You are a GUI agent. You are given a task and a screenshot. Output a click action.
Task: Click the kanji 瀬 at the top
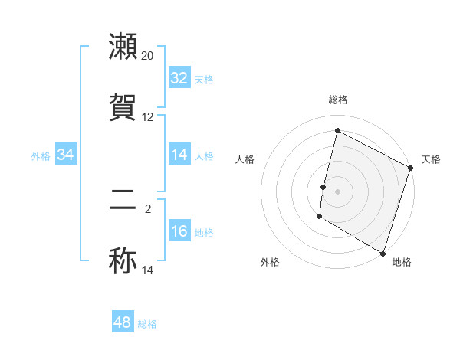coord(123,47)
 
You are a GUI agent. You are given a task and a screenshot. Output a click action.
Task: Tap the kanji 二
coord(123,200)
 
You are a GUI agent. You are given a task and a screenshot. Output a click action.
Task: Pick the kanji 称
coord(123,261)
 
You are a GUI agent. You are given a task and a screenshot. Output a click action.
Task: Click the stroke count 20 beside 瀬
coord(148,56)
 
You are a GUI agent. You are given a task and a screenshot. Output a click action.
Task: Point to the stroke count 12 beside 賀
coord(148,117)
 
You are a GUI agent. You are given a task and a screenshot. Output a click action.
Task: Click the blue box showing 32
coord(179,78)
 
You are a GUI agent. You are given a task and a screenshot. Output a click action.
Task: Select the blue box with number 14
coord(179,155)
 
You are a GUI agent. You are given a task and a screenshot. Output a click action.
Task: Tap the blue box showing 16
coord(179,231)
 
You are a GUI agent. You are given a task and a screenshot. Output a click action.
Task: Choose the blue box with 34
coord(66,155)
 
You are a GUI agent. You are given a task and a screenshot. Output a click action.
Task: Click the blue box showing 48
coord(123,322)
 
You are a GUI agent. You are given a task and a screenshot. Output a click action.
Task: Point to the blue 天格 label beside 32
coord(204,79)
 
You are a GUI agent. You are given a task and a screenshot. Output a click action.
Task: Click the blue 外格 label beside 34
coord(41,155)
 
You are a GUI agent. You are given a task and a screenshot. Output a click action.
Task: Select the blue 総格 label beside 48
coord(147,323)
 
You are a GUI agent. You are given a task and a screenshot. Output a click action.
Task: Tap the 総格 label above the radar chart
coord(337,100)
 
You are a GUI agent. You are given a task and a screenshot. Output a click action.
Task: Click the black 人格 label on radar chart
coord(245,159)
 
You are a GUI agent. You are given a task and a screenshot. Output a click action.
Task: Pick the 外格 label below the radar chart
coord(270,262)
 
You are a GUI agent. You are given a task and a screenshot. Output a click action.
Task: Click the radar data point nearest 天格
coord(411,169)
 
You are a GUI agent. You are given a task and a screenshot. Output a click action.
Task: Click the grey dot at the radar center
coord(337,191)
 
